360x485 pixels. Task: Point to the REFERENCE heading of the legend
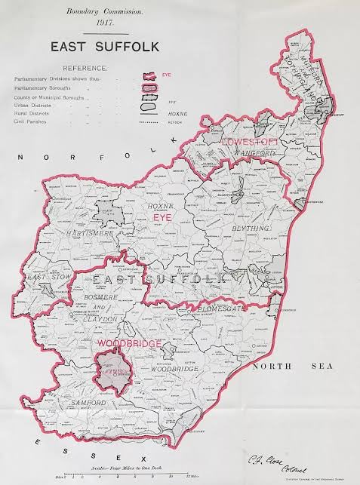pos(84,68)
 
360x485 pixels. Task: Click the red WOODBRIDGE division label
pos(128,343)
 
